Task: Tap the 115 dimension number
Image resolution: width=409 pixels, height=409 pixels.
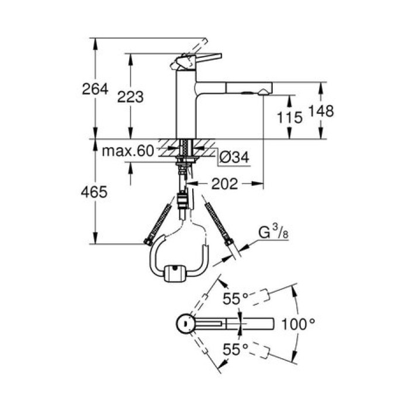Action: [x=290, y=117]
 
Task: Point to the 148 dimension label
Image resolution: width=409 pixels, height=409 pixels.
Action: [x=322, y=110]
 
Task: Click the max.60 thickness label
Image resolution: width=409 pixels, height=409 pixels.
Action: [x=127, y=151]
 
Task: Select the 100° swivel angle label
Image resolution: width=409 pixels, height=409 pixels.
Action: [x=299, y=323]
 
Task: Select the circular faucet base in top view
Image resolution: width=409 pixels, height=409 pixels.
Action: [x=184, y=323]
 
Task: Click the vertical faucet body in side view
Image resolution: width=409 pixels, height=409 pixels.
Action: [x=186, y=105]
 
